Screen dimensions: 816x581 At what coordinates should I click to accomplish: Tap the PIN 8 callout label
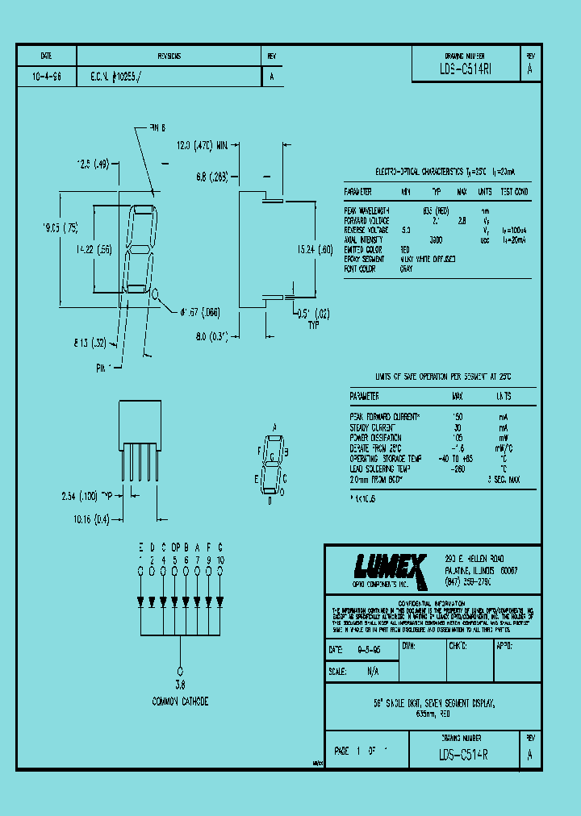click(x=157, y=127)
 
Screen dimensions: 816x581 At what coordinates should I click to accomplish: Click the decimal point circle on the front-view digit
click(x=156, y=294)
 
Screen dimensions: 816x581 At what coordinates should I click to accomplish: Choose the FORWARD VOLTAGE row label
click(x=367, y=220)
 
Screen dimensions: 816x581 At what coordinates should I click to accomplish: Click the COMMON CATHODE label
click(x=180, y=702)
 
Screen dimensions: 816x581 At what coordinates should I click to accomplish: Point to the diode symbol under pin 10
click(x=219, y=601)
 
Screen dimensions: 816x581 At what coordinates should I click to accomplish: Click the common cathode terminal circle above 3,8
click(x=180, y=671)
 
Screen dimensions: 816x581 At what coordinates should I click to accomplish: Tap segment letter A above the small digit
click(x=274, y=426)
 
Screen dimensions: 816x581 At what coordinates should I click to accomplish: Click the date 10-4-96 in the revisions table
click(x=46, y=77)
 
